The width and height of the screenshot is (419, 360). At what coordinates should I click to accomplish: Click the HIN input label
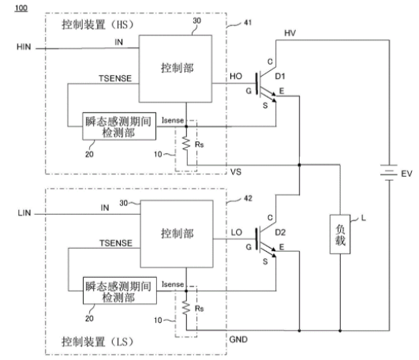pos(24,47)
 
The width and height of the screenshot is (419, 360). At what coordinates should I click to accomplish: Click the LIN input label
pos(24,213)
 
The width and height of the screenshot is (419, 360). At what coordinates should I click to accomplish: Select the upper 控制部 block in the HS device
pos(175,69)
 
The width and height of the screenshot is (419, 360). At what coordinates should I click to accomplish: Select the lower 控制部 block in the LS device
pos(177,234)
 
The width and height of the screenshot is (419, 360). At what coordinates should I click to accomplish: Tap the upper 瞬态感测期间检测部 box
pos(119,126)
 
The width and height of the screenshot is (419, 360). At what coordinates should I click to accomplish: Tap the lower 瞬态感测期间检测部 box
pos(120,291)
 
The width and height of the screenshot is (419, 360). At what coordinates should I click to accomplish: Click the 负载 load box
pos(340,234)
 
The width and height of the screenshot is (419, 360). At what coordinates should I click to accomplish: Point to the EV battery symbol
pos(389,173)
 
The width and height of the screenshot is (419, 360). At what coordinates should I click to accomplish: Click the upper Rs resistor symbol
pos(186,144)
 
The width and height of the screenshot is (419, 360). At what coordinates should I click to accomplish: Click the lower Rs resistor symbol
pos(186,308)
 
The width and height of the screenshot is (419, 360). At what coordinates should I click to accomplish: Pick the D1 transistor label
pos(280,77)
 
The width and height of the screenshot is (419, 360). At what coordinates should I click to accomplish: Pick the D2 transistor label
pos(280,233)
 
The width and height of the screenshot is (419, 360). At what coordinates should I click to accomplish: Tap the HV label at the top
pos(290,33)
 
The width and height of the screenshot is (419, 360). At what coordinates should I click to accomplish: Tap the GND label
pos(238,339)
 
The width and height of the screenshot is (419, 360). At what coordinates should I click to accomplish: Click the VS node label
pos(236,172)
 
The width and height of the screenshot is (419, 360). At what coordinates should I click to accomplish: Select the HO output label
pos(236,77)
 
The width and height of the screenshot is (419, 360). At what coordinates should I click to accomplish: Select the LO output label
pos(236,233)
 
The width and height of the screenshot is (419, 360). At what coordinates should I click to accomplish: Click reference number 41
pos(248,22)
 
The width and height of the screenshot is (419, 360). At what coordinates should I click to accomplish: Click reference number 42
pos(248,198)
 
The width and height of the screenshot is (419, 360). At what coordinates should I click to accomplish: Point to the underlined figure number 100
pos(21,8)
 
